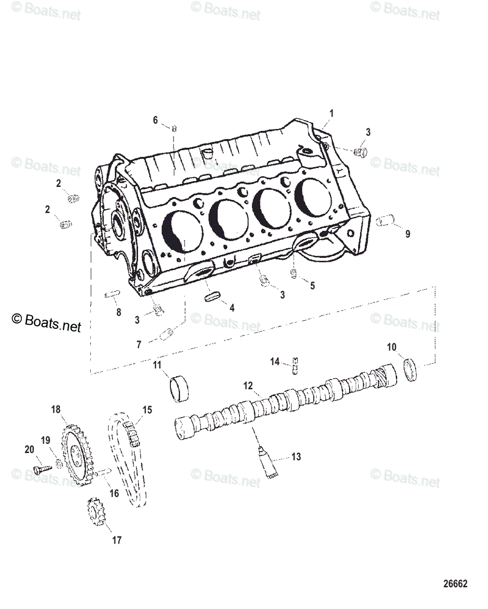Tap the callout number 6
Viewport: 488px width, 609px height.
pos(156,120)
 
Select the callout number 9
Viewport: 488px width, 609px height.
pos(407,234)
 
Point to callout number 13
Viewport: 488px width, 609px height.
pos(296,457)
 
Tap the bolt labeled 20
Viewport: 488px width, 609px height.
pos(43,466)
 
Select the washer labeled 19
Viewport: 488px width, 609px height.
pos(59,463)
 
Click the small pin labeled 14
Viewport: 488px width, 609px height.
pos(295,367)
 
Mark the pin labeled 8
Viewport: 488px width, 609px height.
pos(112,294)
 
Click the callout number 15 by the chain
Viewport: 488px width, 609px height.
pos(147,410)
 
